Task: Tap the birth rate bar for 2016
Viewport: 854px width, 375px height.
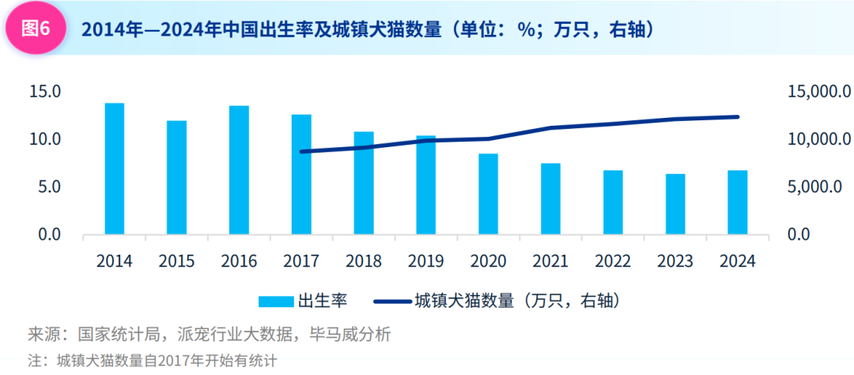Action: point(240,170)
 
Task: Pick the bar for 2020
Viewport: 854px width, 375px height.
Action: point(489,194)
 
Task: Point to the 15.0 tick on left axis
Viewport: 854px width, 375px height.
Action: point(45,92)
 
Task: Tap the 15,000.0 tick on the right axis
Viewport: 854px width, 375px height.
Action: point(819,92)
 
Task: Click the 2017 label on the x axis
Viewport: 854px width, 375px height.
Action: point(301,261)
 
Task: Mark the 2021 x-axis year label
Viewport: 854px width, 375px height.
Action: point(550,261)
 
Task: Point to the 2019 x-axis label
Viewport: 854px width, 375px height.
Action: point(426,261)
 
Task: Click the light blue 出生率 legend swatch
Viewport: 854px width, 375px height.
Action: point(276,301)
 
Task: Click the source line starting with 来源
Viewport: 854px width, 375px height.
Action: point(209,335)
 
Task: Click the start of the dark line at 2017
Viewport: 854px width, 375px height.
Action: point(302,151)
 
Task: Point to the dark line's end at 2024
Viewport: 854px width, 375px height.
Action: point(738,117)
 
